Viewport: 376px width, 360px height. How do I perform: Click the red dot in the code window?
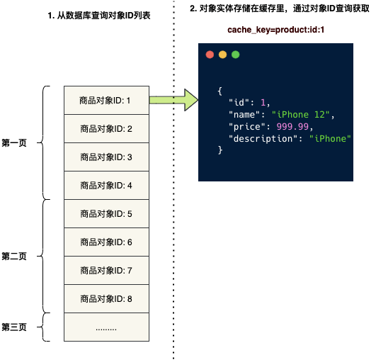[210, 55]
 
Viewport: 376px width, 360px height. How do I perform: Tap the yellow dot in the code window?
[222, 55]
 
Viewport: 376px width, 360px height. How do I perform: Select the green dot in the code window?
[236, 55]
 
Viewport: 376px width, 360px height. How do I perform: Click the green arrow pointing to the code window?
[173, 100]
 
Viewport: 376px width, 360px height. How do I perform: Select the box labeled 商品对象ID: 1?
[106, 100]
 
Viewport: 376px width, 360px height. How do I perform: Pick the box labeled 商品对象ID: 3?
[106, 157]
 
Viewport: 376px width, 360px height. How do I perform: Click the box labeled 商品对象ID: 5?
[106, 213]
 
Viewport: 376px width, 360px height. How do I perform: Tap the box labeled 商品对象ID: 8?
[106, 298]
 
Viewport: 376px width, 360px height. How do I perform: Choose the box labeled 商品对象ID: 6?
[106, 242]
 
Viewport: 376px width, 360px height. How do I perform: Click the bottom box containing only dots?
[106, 327]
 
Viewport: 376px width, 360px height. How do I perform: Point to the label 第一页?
[14, 143]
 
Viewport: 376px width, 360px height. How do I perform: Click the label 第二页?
[14, 256]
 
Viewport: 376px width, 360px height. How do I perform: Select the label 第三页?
[14, 327]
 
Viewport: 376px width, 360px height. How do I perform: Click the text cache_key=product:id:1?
[275, 30]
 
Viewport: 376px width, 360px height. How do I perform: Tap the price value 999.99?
[292, 126]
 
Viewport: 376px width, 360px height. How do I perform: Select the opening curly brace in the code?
[220, 91]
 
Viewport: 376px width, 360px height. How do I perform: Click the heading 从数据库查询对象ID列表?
[103, 16]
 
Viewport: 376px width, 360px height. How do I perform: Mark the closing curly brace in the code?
[220, 150]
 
